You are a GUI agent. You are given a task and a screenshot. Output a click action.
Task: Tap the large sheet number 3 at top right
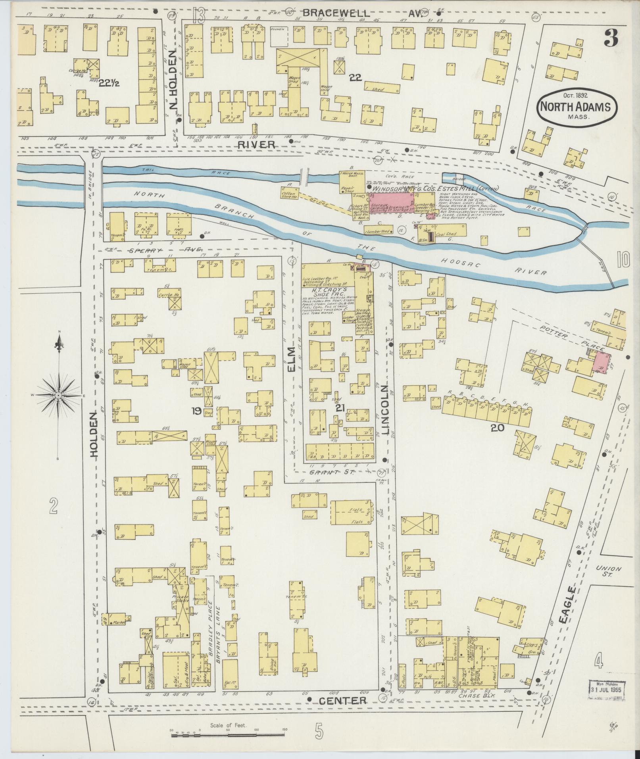pos(611,40)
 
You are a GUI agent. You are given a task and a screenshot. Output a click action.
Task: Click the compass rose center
pos(59,396)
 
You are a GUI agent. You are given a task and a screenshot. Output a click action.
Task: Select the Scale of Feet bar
pos(229,735)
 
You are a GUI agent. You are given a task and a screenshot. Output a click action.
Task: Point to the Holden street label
pos(94,435)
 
